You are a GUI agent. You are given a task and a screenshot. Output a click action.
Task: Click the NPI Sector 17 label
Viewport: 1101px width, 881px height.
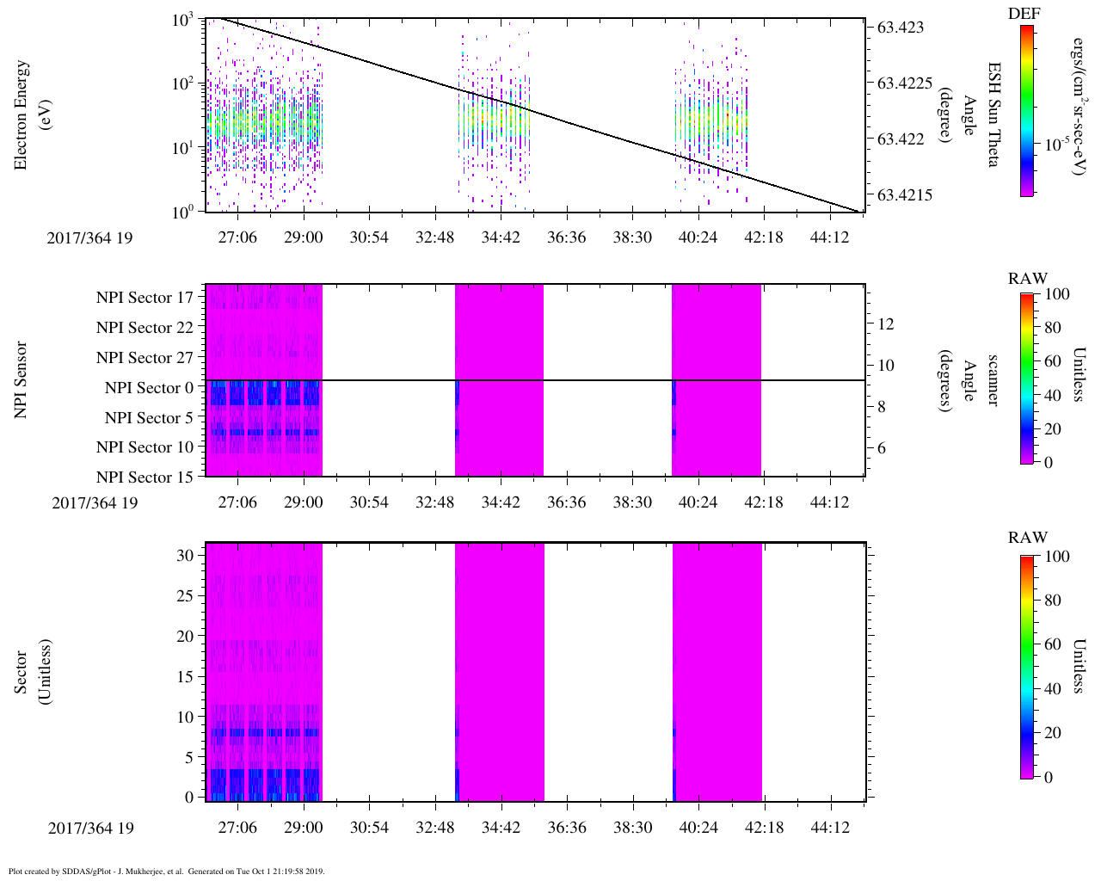click(145, 298)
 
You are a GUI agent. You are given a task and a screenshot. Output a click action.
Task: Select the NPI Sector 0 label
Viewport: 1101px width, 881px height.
click(150, 388)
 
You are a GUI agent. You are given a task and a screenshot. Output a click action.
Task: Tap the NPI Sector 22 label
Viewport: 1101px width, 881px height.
click(145, 328)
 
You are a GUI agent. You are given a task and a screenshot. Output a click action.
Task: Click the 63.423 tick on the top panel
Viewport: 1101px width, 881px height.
click(901, 28)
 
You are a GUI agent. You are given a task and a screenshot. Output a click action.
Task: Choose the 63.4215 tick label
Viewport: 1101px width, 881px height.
click(904, 195)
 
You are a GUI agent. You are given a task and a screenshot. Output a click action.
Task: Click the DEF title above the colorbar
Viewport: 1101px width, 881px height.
click(1024, 14)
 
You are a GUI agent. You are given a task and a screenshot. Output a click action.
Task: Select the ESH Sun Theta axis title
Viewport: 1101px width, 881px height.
click(993, 114)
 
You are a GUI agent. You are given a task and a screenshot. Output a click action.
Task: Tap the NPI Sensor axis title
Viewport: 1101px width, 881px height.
click(21, 380)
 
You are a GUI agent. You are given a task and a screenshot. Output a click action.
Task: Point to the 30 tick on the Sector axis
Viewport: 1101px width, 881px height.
click(185, 556)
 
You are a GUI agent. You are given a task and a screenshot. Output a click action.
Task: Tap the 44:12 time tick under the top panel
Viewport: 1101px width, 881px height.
click(829, 237)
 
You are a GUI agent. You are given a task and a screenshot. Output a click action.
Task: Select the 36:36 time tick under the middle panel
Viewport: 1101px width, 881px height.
click(566, 502)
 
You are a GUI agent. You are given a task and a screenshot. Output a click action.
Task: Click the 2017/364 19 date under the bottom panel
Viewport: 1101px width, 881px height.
click(91, 829)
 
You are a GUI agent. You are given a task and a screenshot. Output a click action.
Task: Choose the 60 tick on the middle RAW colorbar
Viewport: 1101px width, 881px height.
click(1053, 361)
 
